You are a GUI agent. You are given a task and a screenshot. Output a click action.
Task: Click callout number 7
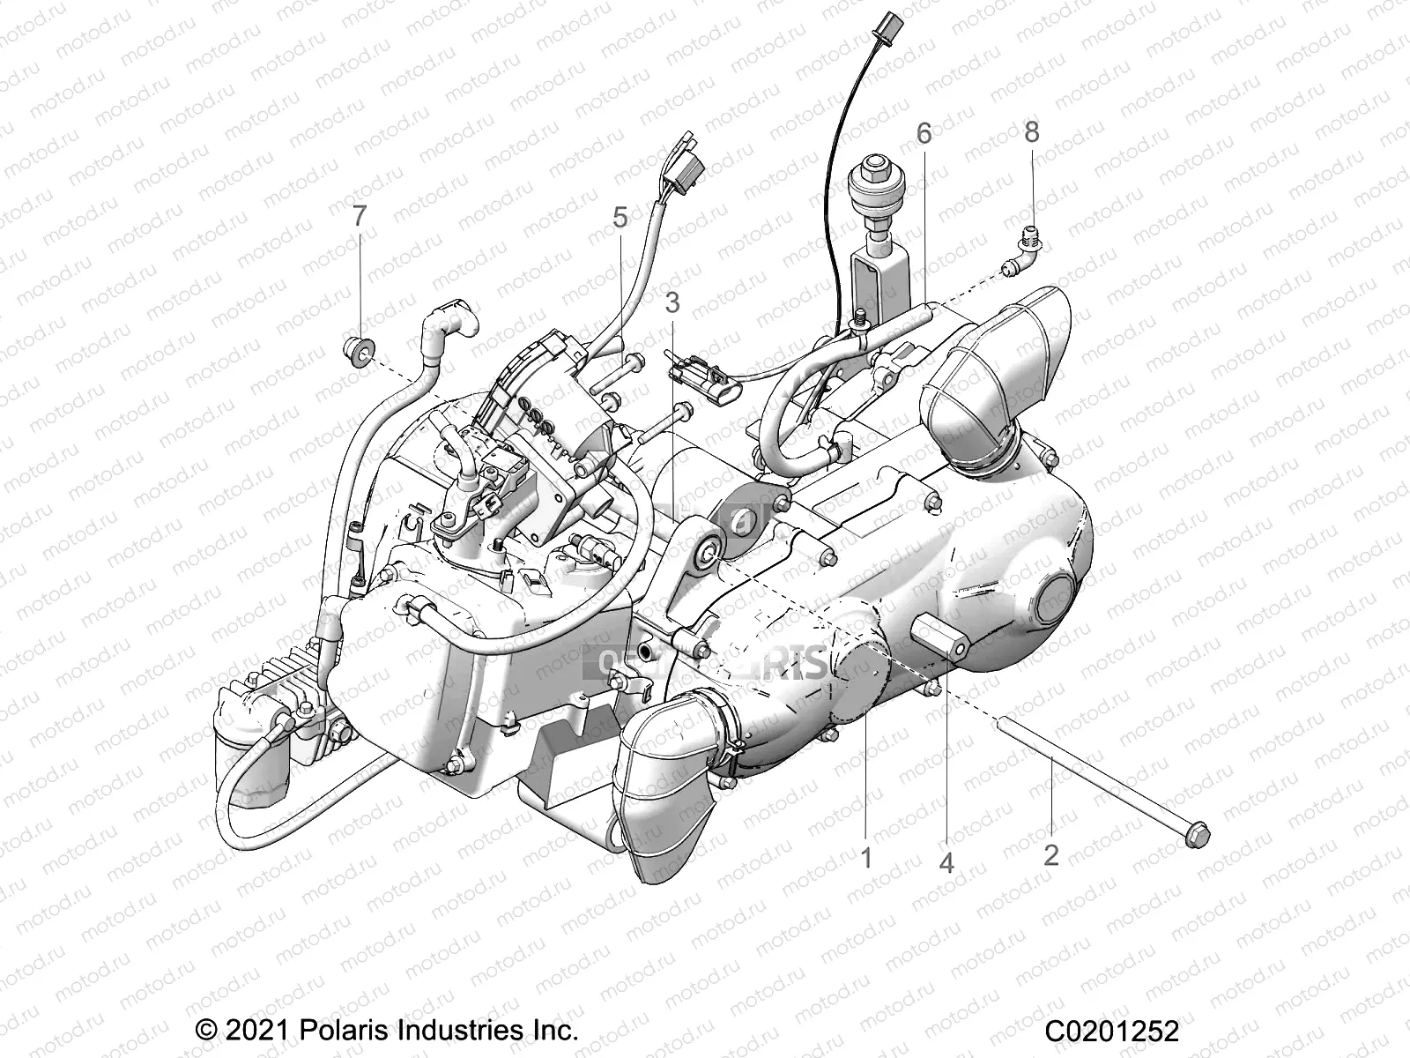[x=359, y=216]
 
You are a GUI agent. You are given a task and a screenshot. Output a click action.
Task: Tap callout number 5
[x=620, y=217]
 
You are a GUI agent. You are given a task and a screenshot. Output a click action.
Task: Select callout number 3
[x=672, y=303]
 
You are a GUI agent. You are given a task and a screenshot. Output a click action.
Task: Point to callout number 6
[x=924, y=133]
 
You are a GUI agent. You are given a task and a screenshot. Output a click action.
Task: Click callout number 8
[x=1031, y=132]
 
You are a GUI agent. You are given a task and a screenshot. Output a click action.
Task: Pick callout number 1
[x=866, y=856]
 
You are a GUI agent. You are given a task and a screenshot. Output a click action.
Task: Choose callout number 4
[x=946, y=862]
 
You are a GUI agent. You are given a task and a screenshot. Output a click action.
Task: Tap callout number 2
[x=1050, y=854]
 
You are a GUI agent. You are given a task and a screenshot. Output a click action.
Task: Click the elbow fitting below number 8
[x=1013, y=265]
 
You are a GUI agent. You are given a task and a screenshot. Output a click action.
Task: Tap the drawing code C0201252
[x=1112, y=1031]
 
